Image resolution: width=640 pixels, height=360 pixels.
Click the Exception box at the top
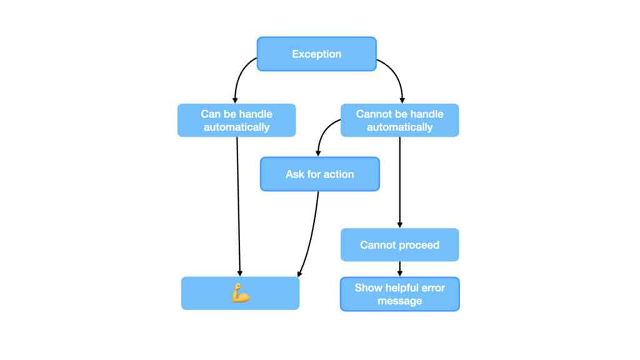317,54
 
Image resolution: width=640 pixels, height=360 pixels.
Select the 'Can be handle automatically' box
236,120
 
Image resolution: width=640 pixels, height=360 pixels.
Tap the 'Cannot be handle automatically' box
399,120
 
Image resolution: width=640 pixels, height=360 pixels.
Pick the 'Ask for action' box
319,174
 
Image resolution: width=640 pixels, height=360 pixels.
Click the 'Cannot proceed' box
399,244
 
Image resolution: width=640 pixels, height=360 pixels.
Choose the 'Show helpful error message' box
399,294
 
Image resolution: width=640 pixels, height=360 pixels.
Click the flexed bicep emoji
240,293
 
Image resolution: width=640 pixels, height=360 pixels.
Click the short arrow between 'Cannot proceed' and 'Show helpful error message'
400,269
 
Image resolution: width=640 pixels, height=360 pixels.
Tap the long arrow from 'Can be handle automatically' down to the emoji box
239,206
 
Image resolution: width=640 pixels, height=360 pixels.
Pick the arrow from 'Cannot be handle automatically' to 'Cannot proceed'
400,181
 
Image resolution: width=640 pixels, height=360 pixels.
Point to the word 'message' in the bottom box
399,301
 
